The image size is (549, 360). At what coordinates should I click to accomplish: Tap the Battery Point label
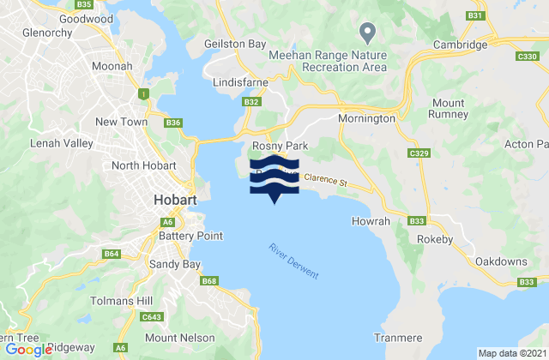click(x=190, y=236)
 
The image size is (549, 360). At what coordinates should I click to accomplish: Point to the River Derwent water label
click(x=293, y=261)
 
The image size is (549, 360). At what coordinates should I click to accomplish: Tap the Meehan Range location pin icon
click(x=369, y=33)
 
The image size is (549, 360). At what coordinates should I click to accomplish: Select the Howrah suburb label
click(x=371, y=221)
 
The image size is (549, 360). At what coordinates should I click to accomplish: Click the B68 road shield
click(x=210, y=280)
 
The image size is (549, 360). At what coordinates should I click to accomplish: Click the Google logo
click(x=28, y=350)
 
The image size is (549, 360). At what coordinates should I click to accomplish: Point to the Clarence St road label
click(x=323, y=182)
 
